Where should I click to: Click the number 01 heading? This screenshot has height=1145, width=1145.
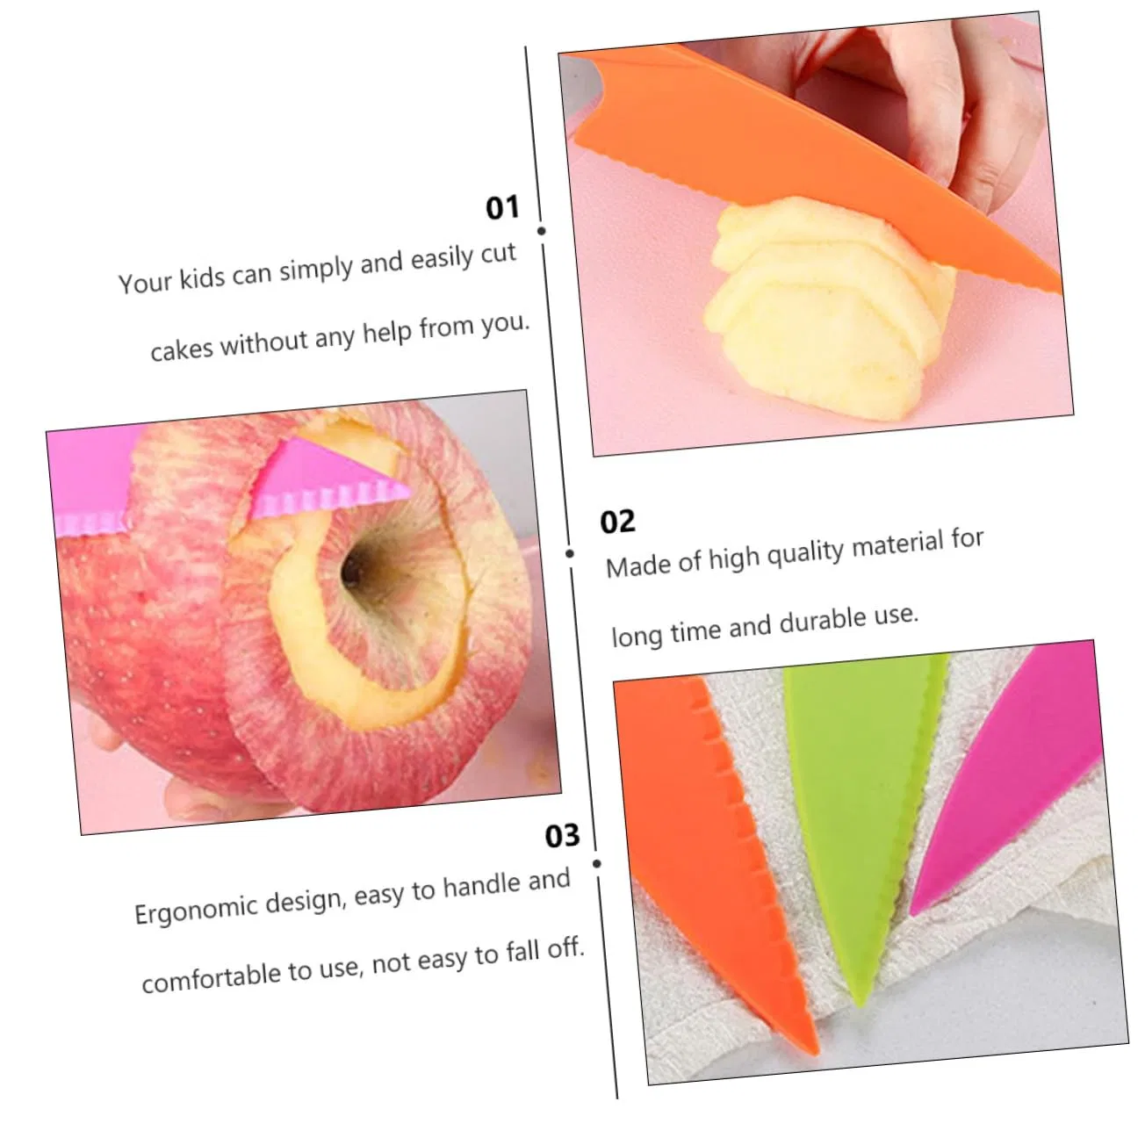(x=502, y=208)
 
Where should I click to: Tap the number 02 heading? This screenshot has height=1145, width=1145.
(x=617, y=522)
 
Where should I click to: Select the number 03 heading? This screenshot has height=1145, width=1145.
(x=562, y=835)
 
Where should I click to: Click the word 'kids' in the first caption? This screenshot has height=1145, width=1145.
(x=202, y=277)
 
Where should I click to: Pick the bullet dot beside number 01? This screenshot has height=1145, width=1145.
(x=541, y=231)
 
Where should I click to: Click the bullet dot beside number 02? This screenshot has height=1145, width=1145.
(x=569, y=553)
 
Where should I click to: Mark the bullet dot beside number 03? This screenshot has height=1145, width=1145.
(x=596, y=863)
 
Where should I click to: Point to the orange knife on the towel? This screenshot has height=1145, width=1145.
(x=713, y=855)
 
